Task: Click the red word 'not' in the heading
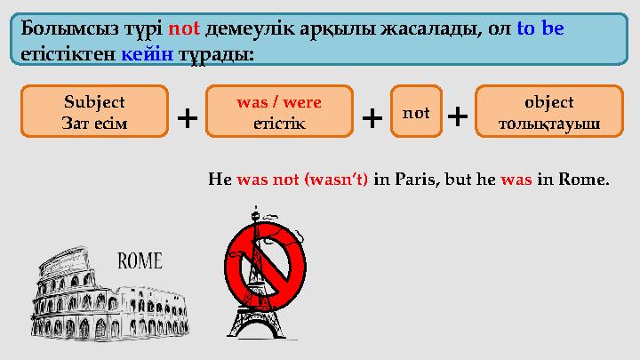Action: pyautogui.click(x=183, y=28)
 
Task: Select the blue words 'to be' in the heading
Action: pyautogui.click(x=540, y=28)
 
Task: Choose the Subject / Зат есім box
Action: pyautogui.click(x=94, y=113)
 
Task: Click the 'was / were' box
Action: pyautogui.click(x=279, y=113)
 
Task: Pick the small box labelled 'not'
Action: pyautogui.click(x=416, y=113)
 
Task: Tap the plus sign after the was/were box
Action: pyautogui.click(x=372, y=116)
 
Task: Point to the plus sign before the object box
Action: pyautogui.click(x=457, y=116)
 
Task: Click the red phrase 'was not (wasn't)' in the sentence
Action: pyautogui.click(x=302, y=179)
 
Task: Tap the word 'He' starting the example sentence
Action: pyautogui.click(x=219, y=179)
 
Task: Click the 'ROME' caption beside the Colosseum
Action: pyautogui.click(x=140, y=261)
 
